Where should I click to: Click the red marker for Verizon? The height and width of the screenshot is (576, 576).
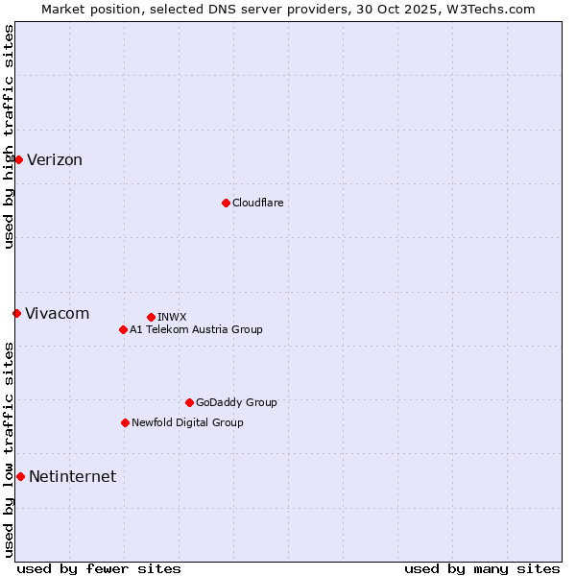pyautogui.click(x=18, y=159)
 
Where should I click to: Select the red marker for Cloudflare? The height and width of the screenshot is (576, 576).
pyautogui.click(x=226, y=203)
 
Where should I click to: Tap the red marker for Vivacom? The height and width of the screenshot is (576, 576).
pyautogui.click(x=16, y=313)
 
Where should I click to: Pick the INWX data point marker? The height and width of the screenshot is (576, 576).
pyautogui.click(x=151, y=317)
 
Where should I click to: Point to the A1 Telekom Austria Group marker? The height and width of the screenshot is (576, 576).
pyautogui.click(x=123, y=329)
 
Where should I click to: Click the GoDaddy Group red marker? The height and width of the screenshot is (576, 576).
pyautogui.click(x=189, y=402)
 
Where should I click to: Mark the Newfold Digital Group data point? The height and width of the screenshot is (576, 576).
pyautogui.click(x=125, y=422)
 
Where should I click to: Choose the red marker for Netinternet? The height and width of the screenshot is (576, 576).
pyautogui.click(x=20, y=476)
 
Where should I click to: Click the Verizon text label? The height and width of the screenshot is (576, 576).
pyautogui.click(x=55, y=160)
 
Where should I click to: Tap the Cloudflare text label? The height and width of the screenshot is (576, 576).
pyautogui.click(x=258, y=203)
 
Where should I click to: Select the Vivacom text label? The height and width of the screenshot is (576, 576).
pyautogui.click(x=58, y=314)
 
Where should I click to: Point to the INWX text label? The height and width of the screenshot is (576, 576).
pyautogui.click(x=172, y=317)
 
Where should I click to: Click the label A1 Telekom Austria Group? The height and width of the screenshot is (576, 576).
pyautogui.click(x=196, y=329)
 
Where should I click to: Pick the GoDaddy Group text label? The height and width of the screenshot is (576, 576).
pyautogui.click(x=236, y=402)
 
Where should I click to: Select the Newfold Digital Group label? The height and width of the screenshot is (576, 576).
pyautogui.click(x=187, y=422)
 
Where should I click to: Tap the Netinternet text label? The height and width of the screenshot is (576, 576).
pyautogui.click(x=73, y=477)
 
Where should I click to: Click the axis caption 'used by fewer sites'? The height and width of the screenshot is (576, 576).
pyautogui.click(x=99, y=568)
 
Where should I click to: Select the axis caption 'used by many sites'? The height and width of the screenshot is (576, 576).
pyautogui.click(x=482, y=568)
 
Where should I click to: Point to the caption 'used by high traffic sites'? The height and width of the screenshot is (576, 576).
pyautogui.click(x=9, y=136)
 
